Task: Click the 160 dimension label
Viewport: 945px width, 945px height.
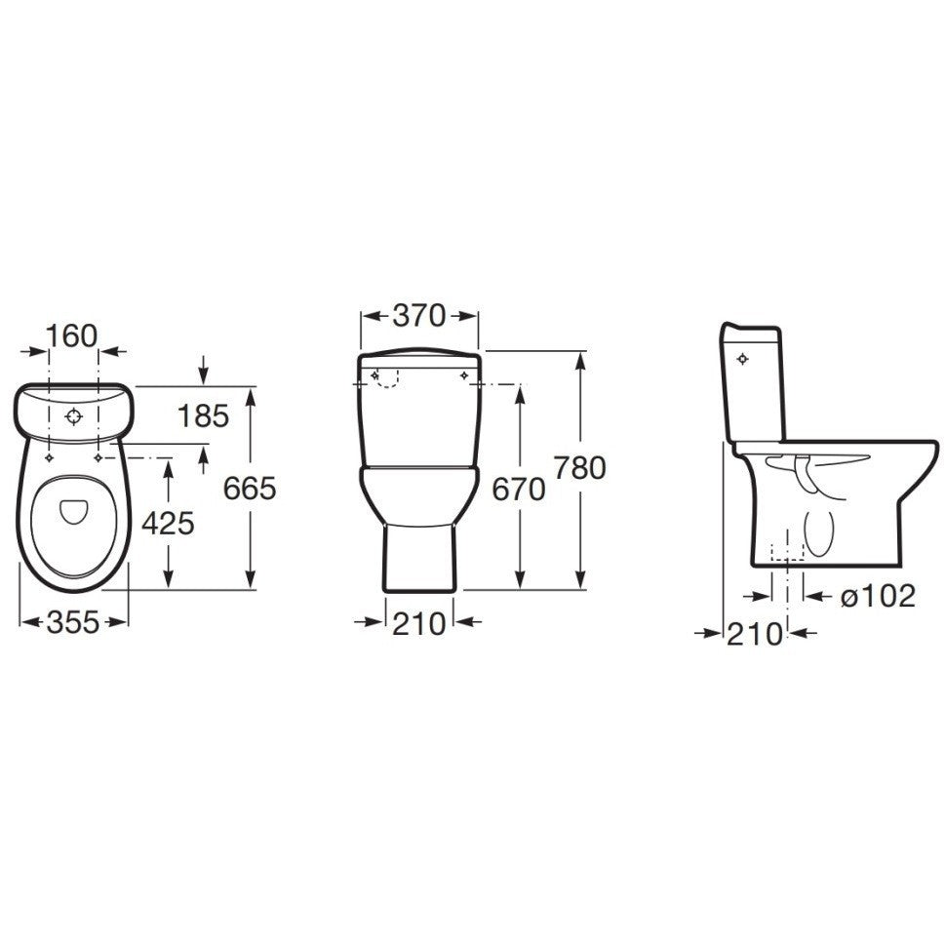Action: tap(73, 335)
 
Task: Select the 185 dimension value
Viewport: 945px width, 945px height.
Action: tap(203, 416)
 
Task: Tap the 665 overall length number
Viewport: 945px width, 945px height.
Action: tap(250, 488)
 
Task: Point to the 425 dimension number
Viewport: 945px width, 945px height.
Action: tap(168, 524)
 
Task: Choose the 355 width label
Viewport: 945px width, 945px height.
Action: tap(73, 622)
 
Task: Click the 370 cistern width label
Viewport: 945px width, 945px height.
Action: tap(419, 315)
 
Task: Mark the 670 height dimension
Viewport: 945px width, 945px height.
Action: tap(518, 491)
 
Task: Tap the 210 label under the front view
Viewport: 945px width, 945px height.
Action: tap(419, 622)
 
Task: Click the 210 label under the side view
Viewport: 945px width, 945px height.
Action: tap(755, 634)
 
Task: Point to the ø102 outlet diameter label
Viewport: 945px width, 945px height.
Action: tap(877, 596)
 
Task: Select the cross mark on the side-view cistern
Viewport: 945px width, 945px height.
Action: tap(744, 360)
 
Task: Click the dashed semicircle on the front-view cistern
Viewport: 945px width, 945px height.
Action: tap(387, 379)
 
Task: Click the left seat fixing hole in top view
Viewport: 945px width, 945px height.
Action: tap(48, 455)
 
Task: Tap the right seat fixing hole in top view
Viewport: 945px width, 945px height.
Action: tap(98, 455)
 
